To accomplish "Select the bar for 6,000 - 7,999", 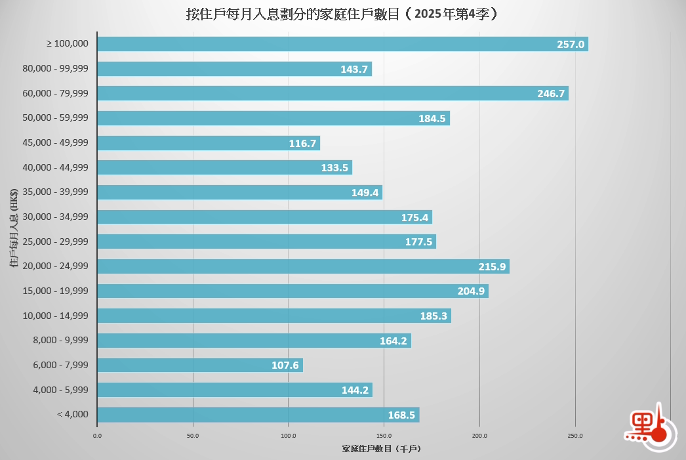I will tap(199, 365).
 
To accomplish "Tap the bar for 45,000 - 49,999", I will tap(208, 142).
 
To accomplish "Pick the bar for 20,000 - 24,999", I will tap(302, 266).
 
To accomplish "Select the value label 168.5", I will tap(402, 415).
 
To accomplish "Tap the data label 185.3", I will tap(434, 316).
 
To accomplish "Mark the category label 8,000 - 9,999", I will tap(64, 341).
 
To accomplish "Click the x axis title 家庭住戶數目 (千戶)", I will tap(381, 449).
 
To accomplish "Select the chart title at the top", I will tap(342, 14).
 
